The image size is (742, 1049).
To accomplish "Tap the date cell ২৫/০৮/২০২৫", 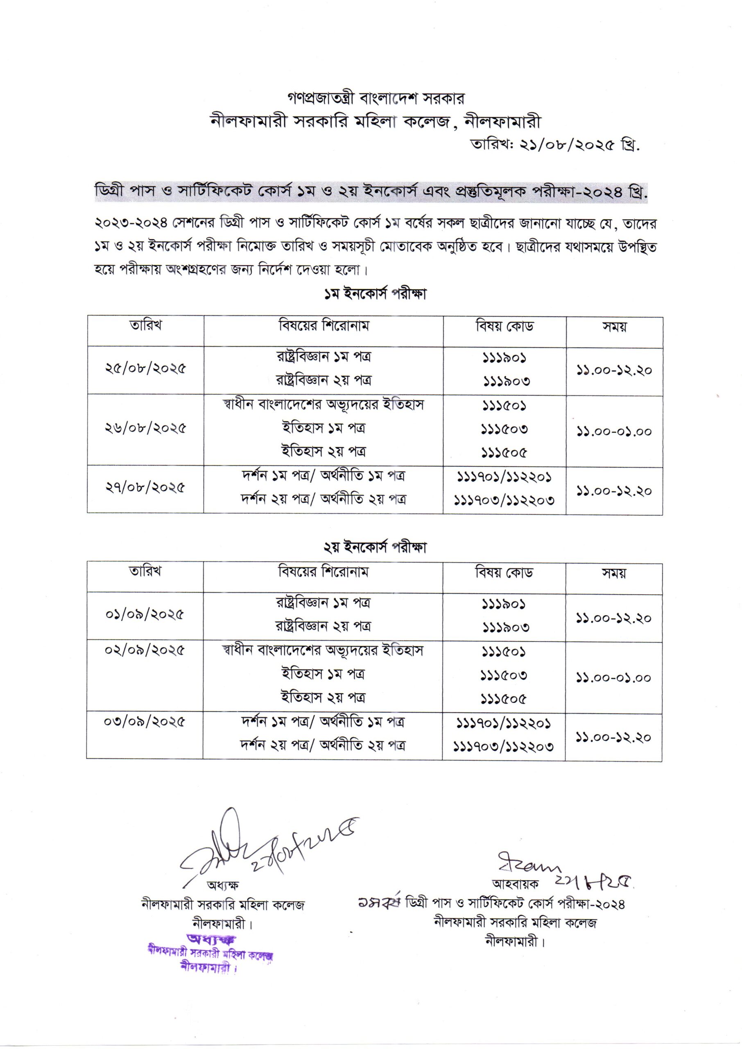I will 145,369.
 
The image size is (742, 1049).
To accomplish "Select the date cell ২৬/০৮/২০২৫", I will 145,429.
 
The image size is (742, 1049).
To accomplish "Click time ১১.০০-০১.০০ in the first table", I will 613,431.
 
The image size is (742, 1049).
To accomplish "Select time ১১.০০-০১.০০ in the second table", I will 613,678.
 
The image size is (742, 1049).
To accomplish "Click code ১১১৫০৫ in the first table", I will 504,452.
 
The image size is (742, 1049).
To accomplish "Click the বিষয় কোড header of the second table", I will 504,572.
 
